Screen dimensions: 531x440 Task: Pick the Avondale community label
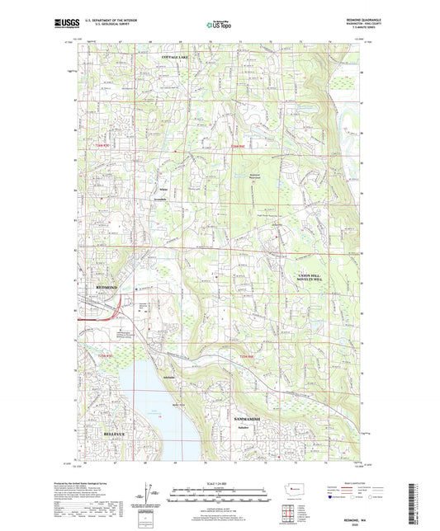tap(163, 200)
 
